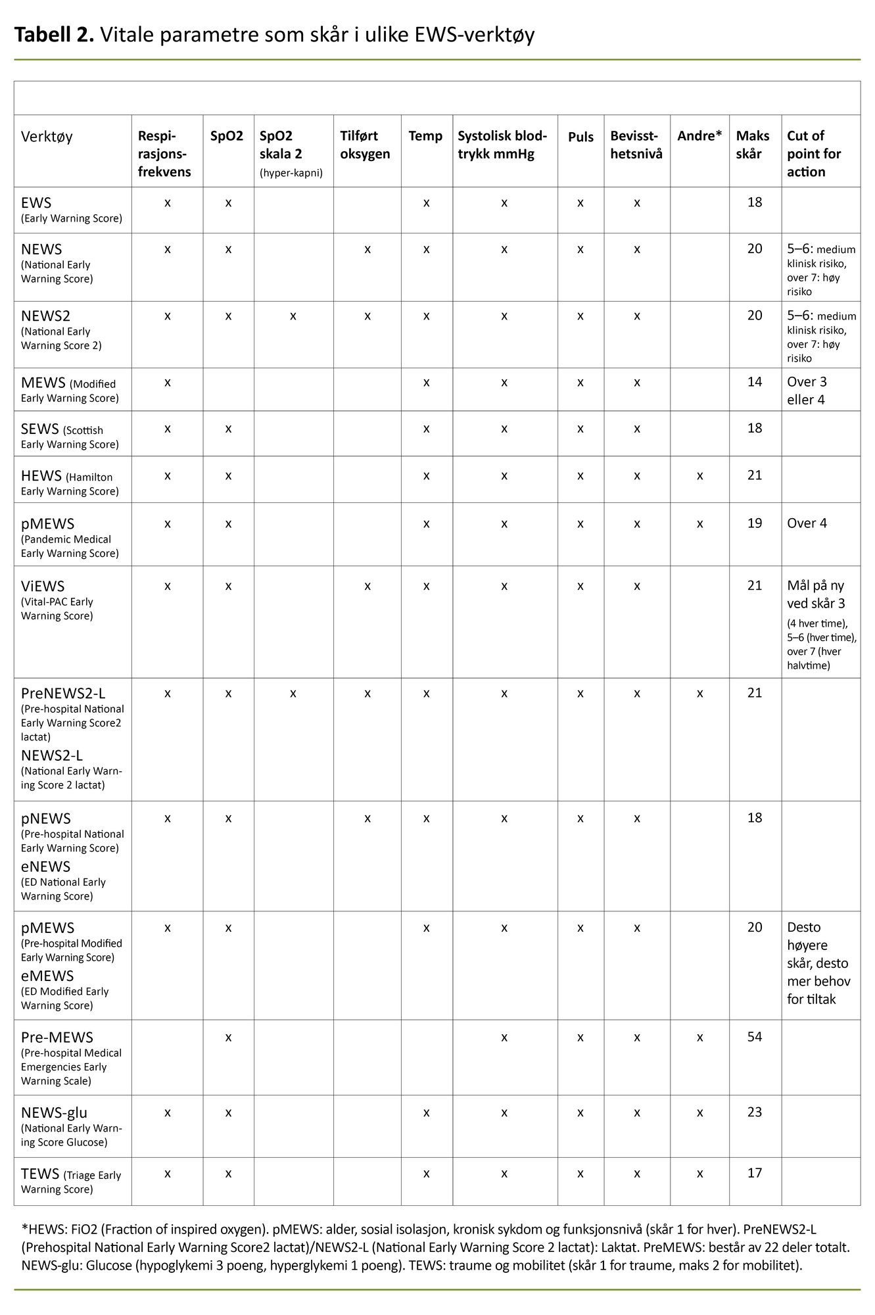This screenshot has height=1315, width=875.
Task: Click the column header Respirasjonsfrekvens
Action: (x=164, y=154)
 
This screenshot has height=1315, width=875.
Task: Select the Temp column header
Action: (x=425, y=136)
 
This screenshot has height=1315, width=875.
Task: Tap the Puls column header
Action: (x=580, y=137)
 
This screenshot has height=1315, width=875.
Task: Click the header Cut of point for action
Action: (x=814, y=154)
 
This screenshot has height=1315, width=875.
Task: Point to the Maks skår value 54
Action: (x=755, y=1037)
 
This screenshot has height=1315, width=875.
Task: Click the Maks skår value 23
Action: (x=755, y=1112)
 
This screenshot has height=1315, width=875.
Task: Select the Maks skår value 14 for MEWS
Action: (x=755, y=382)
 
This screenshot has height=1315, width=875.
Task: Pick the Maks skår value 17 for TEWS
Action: (x=755, y=1173)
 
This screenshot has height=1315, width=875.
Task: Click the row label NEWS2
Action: (x=45, y=316)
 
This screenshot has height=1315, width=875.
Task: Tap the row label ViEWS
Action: (x=43, y=586)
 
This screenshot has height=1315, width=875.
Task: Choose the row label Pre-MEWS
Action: (x=57, y=1038)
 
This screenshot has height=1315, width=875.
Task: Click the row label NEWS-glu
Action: (x=54, y=1112)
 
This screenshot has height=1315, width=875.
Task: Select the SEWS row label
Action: (x=40, y=429)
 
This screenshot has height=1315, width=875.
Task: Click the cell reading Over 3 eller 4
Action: (x=807, y=391)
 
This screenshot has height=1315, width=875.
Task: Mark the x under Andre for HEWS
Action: (x=699, y=475)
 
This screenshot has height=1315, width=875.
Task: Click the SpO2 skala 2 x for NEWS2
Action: (x=293, y=316)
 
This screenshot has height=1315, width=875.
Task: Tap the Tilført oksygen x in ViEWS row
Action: (x=367, y=586)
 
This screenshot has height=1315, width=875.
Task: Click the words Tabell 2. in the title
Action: (x=55, y=34)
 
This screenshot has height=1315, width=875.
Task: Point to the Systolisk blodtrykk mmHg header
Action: (x=502, y=145)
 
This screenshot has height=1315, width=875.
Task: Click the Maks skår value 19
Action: (x=755, y=523)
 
